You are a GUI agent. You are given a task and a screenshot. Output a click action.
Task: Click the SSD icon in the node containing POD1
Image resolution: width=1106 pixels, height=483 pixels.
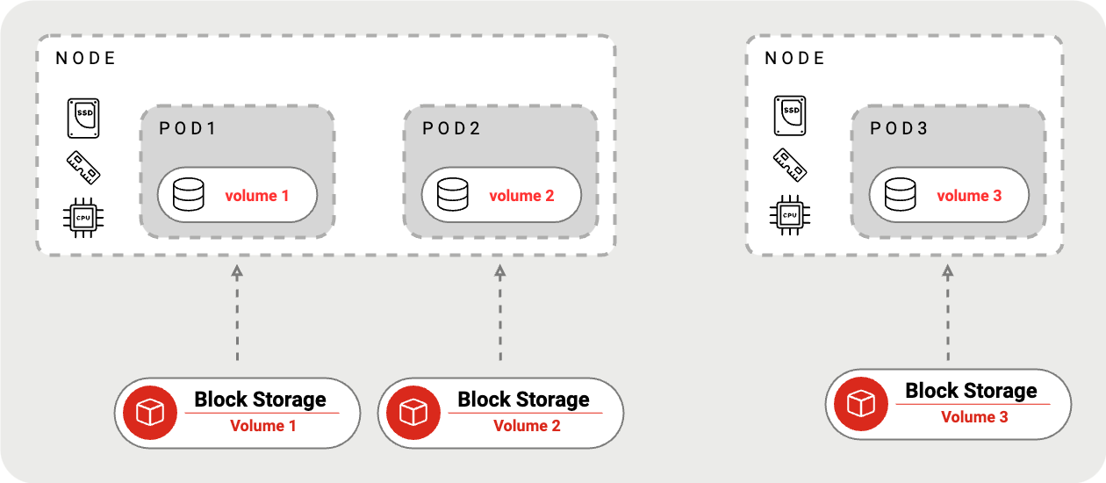(x=83, y=118)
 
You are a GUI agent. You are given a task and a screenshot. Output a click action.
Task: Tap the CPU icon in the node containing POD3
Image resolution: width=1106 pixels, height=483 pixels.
(x=789, y=215)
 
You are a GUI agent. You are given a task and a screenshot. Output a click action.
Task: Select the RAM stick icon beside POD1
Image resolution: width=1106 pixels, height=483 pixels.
(x=83, y=168)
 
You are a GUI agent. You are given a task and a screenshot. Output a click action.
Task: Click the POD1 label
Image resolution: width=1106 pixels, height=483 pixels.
(x=187, y=128)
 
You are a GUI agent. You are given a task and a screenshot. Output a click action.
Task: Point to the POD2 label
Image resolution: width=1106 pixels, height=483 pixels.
(x=451, y=128)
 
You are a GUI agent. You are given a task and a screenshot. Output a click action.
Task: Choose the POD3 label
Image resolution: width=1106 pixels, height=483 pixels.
(x=899, y=128)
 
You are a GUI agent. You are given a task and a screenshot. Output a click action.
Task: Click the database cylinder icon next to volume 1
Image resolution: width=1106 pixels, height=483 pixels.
(x=189, y=195)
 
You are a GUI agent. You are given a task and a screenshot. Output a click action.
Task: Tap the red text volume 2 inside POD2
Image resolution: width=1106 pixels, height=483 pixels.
(x=521, y=196)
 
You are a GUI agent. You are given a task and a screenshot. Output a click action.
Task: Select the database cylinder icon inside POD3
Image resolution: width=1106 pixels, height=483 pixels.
(x=900, y=195)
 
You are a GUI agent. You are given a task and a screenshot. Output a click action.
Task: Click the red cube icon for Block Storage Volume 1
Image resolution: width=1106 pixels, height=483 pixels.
(x=150, y=413)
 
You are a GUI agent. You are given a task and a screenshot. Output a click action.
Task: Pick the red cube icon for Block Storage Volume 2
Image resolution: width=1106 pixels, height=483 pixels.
(x=413, y=413)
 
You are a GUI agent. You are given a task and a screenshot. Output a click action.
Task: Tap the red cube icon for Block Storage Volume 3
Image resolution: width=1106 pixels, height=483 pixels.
(x=861, y=404)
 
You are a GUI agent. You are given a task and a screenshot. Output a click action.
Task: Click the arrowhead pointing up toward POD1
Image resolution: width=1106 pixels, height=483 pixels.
(x=237, y=271)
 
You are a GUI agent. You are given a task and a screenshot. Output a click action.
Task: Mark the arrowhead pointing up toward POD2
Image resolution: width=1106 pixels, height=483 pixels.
(x=500, y=271)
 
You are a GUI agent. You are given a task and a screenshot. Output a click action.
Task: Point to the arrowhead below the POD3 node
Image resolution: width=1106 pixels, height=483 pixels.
(x=947, y=271)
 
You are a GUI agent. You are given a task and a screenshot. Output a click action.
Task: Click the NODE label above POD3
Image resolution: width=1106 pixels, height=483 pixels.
(x=794, y=58)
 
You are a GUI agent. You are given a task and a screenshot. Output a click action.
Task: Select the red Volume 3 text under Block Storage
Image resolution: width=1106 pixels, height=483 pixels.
(x=974, y=417)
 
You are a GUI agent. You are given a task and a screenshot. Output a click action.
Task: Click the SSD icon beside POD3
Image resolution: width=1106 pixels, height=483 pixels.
(x=790, y=116)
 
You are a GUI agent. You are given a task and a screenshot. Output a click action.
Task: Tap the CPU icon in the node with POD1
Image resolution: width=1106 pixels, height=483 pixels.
(x=83, y=217)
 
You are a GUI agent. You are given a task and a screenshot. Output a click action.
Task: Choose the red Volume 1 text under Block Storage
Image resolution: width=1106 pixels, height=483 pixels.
(x=263, y=426)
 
